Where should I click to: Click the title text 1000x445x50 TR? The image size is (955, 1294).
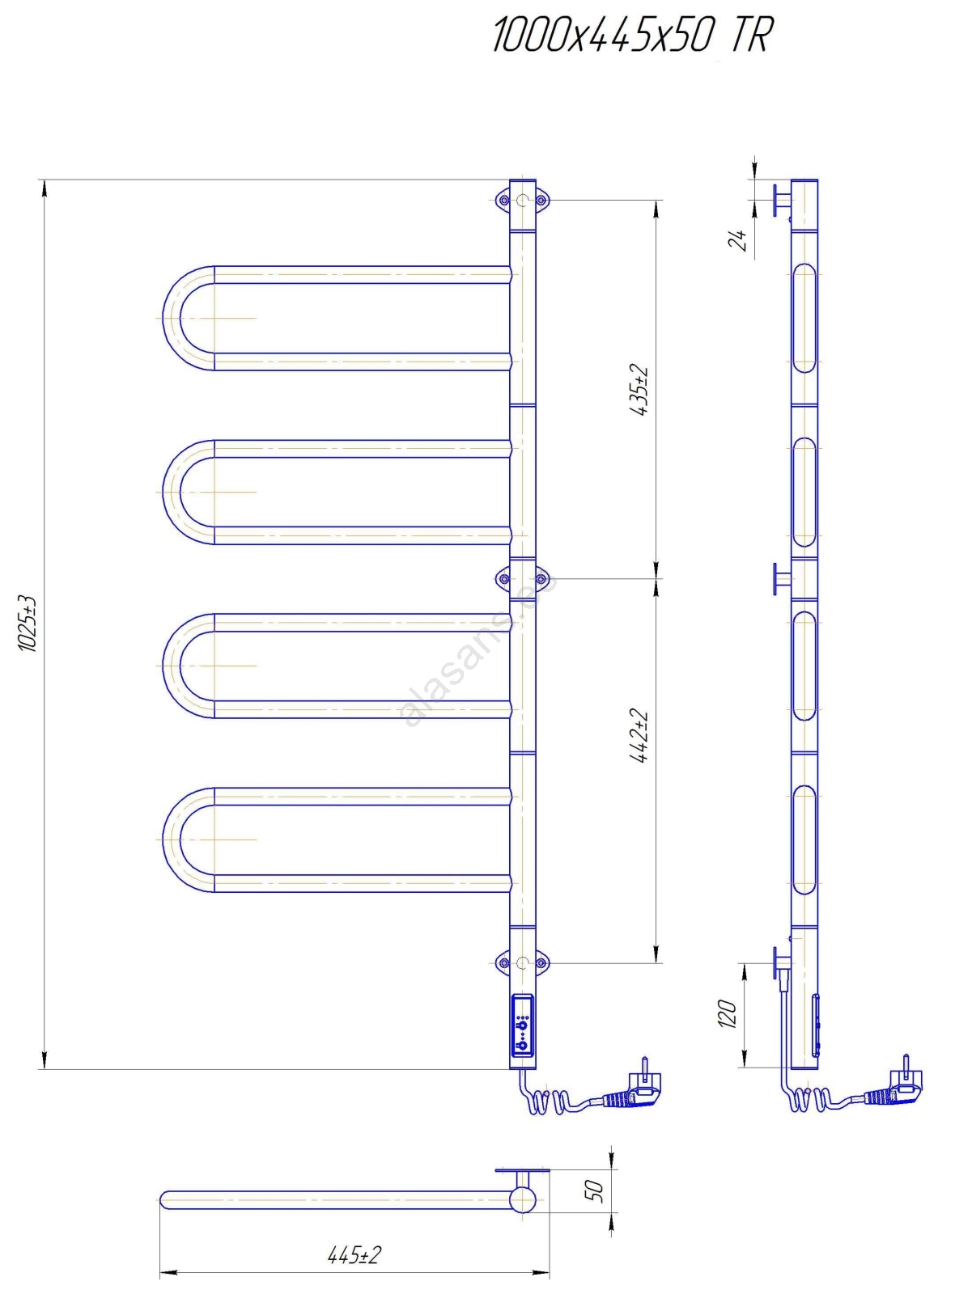(633, 36)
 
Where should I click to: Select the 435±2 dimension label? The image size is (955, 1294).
(642, 391)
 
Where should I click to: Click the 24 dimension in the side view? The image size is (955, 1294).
(737, 239)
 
